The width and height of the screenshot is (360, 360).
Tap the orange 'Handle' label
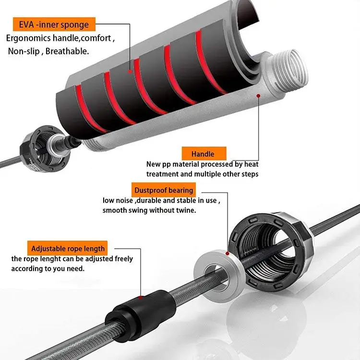[x=202, y=154]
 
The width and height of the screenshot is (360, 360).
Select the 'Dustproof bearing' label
[x=164, y=190]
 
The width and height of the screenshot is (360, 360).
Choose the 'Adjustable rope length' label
[x=68, y=249]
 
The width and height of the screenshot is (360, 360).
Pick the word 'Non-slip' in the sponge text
[x=24, y=51]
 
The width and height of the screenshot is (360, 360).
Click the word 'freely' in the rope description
[x=123, y=259]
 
